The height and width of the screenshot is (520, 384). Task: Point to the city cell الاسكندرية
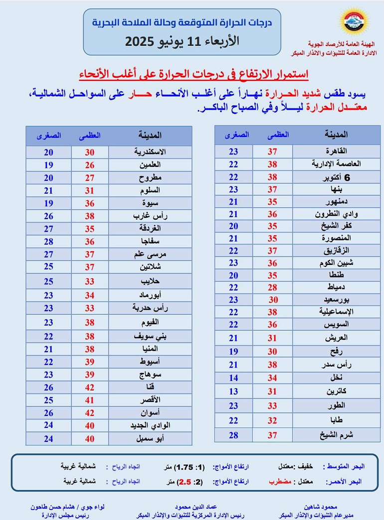pyautogui.click(x=150, y=152)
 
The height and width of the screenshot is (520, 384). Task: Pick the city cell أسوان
pyautogui.click(x=150, y=412)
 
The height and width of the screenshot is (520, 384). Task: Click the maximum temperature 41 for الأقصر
pyautogui.click(x=89, y=399)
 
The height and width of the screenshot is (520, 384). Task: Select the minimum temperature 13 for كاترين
pyautogui.click(x=233, y=391)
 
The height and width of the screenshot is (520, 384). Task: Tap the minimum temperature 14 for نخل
pyautogui.click(x=233, y=378)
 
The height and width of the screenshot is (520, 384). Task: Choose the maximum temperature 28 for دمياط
pyautogui.click(x=272, y=287)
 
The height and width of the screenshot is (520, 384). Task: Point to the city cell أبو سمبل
pyautogui.click(x=150, y=438)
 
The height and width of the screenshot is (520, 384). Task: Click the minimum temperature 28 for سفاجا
pyautogui.click(x=48, y=242)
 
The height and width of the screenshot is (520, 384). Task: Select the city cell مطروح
pyautogui.click(x=150, y=178)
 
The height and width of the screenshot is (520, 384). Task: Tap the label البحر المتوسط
pyautogui.click(x=344, y=467)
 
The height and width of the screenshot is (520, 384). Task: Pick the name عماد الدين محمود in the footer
pyautogui.click(x=196, y=507)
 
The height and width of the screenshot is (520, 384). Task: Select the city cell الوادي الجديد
pyautogui.click(x=150, y=425)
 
